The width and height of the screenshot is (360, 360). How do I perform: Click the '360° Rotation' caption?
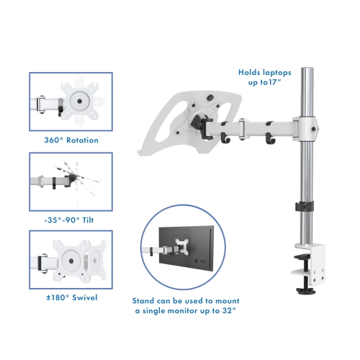71,140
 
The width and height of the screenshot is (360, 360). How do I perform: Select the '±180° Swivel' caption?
71,297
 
